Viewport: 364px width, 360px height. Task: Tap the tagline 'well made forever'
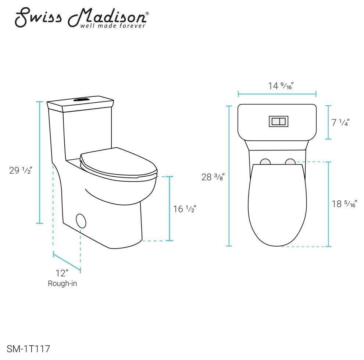[113, 25]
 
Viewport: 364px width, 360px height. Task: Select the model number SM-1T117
[28, 349]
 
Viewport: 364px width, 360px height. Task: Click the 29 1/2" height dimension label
[21, 170]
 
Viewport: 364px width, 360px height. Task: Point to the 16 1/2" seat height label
[185, 209]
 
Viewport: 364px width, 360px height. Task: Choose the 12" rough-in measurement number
[62, 273]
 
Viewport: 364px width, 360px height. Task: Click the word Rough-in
[63, 283]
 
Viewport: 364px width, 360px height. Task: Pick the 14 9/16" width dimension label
[281, 86]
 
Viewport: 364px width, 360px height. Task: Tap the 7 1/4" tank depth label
[340, 122]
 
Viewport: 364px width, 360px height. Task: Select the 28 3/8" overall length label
[213, 177]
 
